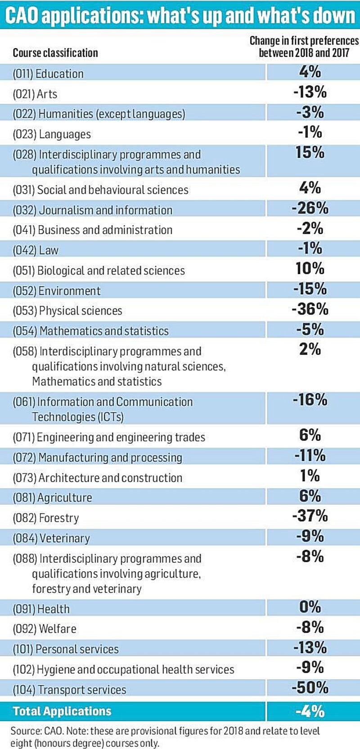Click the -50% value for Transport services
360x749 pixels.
coord(310,687)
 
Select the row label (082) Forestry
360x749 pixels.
coord(45,518)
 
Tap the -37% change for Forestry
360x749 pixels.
coord(310,515)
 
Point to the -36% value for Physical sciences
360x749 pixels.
coord(310,309)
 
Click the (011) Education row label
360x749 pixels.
coord(48,74)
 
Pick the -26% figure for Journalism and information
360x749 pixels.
coord(310,208)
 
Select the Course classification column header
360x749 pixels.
coord(55,53)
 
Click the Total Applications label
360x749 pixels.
coord(62,711)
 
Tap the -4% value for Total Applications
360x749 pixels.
coord(310,711)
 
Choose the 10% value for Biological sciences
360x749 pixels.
coord(310,269)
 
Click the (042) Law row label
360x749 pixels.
coord(36,250)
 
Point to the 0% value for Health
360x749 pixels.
coord(310,607)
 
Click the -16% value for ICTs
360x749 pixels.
coord(310,400)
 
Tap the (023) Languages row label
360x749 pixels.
coord(52,134)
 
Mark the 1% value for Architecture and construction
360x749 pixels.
coord(310,476)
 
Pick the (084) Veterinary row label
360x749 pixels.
coord(51,538)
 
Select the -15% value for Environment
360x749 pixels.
coord(310,289)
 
